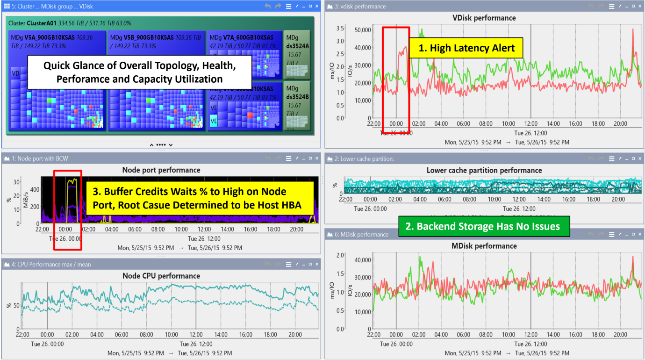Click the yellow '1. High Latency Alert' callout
click(466, 47)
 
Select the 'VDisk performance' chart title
click(484, 18)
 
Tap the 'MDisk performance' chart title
click(484, 246)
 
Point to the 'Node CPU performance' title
click(161, 276)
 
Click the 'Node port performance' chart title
click(161, 170)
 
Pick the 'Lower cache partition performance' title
click(484, 170)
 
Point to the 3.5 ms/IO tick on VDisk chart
click(340, 29)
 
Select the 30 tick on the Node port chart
click(16, 182)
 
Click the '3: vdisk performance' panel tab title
click(360, 7)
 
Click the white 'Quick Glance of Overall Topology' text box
click(139, 72)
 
